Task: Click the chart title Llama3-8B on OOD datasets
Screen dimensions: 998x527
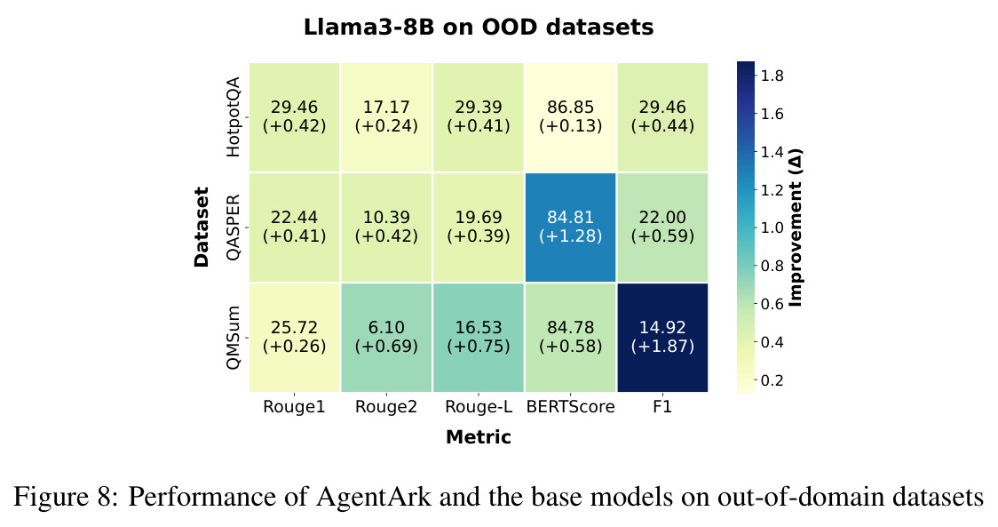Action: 478,28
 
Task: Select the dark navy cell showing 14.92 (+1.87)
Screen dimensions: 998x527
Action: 662,337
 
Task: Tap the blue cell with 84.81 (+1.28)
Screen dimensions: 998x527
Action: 570,227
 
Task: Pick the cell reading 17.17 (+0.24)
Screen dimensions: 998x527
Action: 386,116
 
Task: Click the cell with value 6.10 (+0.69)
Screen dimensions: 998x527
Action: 386,337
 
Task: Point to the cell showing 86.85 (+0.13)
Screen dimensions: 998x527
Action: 570,116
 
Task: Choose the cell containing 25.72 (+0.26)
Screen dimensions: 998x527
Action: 294,337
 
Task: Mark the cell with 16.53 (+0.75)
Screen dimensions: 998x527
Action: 479,337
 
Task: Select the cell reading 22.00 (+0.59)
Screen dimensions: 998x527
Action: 662,227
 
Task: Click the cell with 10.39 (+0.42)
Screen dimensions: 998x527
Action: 386,227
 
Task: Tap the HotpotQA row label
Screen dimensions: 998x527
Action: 234,116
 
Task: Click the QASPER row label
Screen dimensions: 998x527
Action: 234,227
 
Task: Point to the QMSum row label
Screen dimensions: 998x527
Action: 234,337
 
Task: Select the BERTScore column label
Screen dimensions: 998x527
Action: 570,406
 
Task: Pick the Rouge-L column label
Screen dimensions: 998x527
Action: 479,406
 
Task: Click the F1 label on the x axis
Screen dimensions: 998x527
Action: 662,406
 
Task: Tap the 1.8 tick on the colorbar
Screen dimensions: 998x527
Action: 772,76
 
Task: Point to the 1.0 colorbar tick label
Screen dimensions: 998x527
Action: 772,228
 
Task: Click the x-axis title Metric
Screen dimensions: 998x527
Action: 479,437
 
